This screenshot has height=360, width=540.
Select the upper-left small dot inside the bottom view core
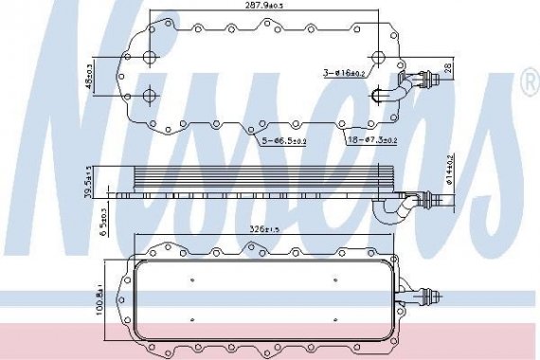point(192,279)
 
